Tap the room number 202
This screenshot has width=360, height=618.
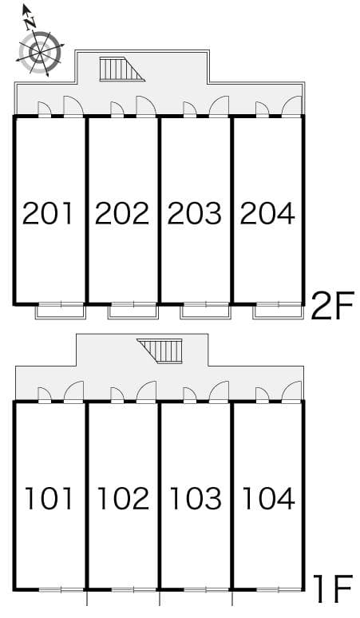coord(122,213)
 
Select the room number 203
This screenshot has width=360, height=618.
coord(195,213)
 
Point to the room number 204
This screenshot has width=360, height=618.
coord(267,213)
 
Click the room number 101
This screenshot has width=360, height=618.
coord(49,498)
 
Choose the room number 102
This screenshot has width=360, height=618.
coord(123,498)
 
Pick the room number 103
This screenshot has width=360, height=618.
coord(196,498)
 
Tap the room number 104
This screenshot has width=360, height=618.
coord(268,498)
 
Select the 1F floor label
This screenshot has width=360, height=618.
coord(331,589)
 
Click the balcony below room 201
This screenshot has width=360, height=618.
coord(61,311)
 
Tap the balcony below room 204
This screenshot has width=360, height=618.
coord(279,311)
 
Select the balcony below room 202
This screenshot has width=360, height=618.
coord(133,311)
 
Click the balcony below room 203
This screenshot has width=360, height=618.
coord(206,311)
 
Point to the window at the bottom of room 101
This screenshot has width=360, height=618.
coord(61,590)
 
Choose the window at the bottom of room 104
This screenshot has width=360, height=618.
coord(279,590)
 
